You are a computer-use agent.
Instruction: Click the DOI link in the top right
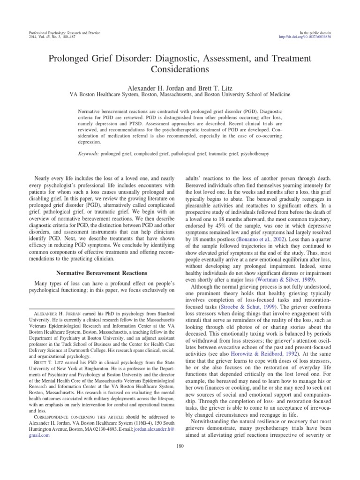click(305, 37)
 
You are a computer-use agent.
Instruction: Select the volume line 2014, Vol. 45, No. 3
click(45, 37)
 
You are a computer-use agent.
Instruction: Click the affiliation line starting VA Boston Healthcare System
click(180, 94)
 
